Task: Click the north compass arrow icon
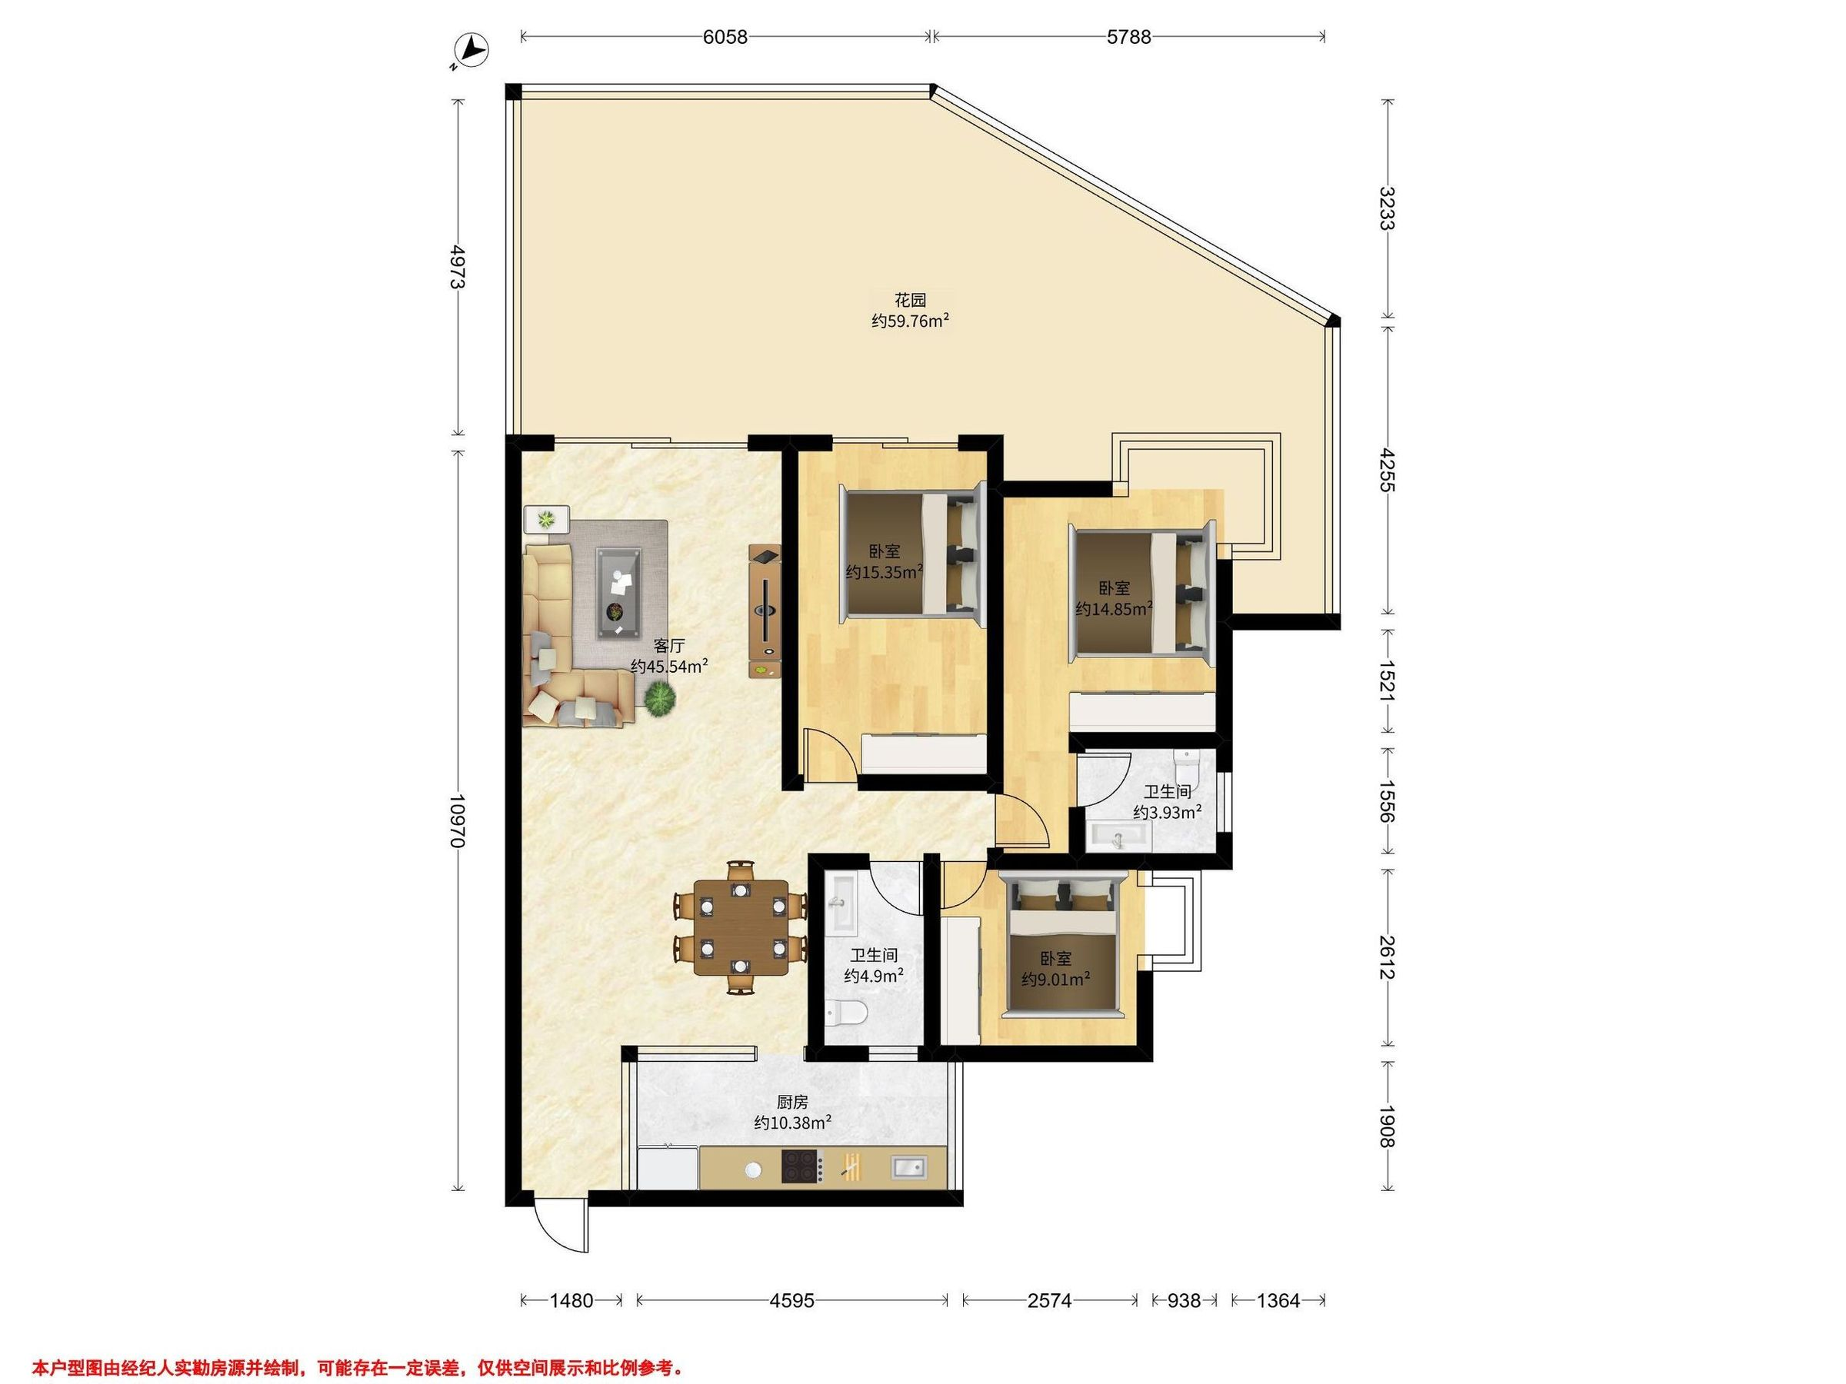click(x=472, y=51)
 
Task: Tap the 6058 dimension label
click(x=725, y=37)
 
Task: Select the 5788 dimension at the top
click(x=1128, y=37)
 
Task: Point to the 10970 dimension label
click(x=456, y=821)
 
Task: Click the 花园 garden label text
click(x=911, y=301)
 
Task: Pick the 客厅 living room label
click(x=668, y=646)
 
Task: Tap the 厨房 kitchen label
click(x=792, y=1102)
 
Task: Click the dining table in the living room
click(x=741, y=927)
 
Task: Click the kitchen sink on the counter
click(x=909, y=1167)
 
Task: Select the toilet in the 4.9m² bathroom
click(x=846, y=1013)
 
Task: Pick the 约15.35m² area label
click(x=884, y=571)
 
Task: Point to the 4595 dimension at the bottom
click(x=792, y=1299)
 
